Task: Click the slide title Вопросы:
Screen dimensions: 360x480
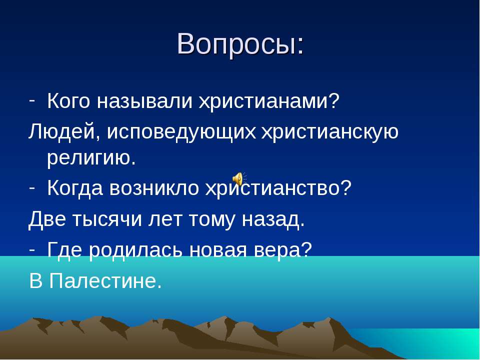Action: point(240,44)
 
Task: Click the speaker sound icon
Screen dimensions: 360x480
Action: point(238,178)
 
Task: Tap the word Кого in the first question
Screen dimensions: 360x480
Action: point(69,102)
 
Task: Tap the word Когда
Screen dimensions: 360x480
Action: point(75,188)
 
